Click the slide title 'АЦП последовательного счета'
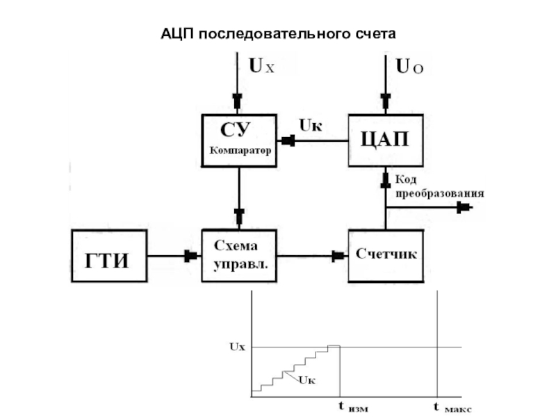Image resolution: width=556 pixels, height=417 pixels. click(278, 33)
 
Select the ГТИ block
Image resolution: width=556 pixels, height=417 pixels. click(110, 256)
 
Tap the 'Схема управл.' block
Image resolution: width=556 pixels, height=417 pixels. click(238, 255)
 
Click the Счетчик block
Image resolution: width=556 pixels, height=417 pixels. click(386, 254)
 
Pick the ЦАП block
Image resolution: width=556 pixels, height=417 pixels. click(385, 140)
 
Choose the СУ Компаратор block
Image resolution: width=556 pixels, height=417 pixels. click(238, 140)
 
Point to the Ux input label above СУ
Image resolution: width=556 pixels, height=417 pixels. click(262, 67)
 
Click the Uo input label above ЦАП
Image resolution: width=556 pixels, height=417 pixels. click(409, 67)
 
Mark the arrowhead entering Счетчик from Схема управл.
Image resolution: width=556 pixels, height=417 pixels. click(338, 256)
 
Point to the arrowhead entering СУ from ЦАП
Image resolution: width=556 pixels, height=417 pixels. click(286, 140)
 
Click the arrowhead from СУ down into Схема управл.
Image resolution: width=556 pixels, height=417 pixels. click(238, 216)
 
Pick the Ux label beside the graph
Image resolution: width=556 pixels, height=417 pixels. click(237, 345)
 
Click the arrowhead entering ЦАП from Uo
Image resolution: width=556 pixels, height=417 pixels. click(386, 99)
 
